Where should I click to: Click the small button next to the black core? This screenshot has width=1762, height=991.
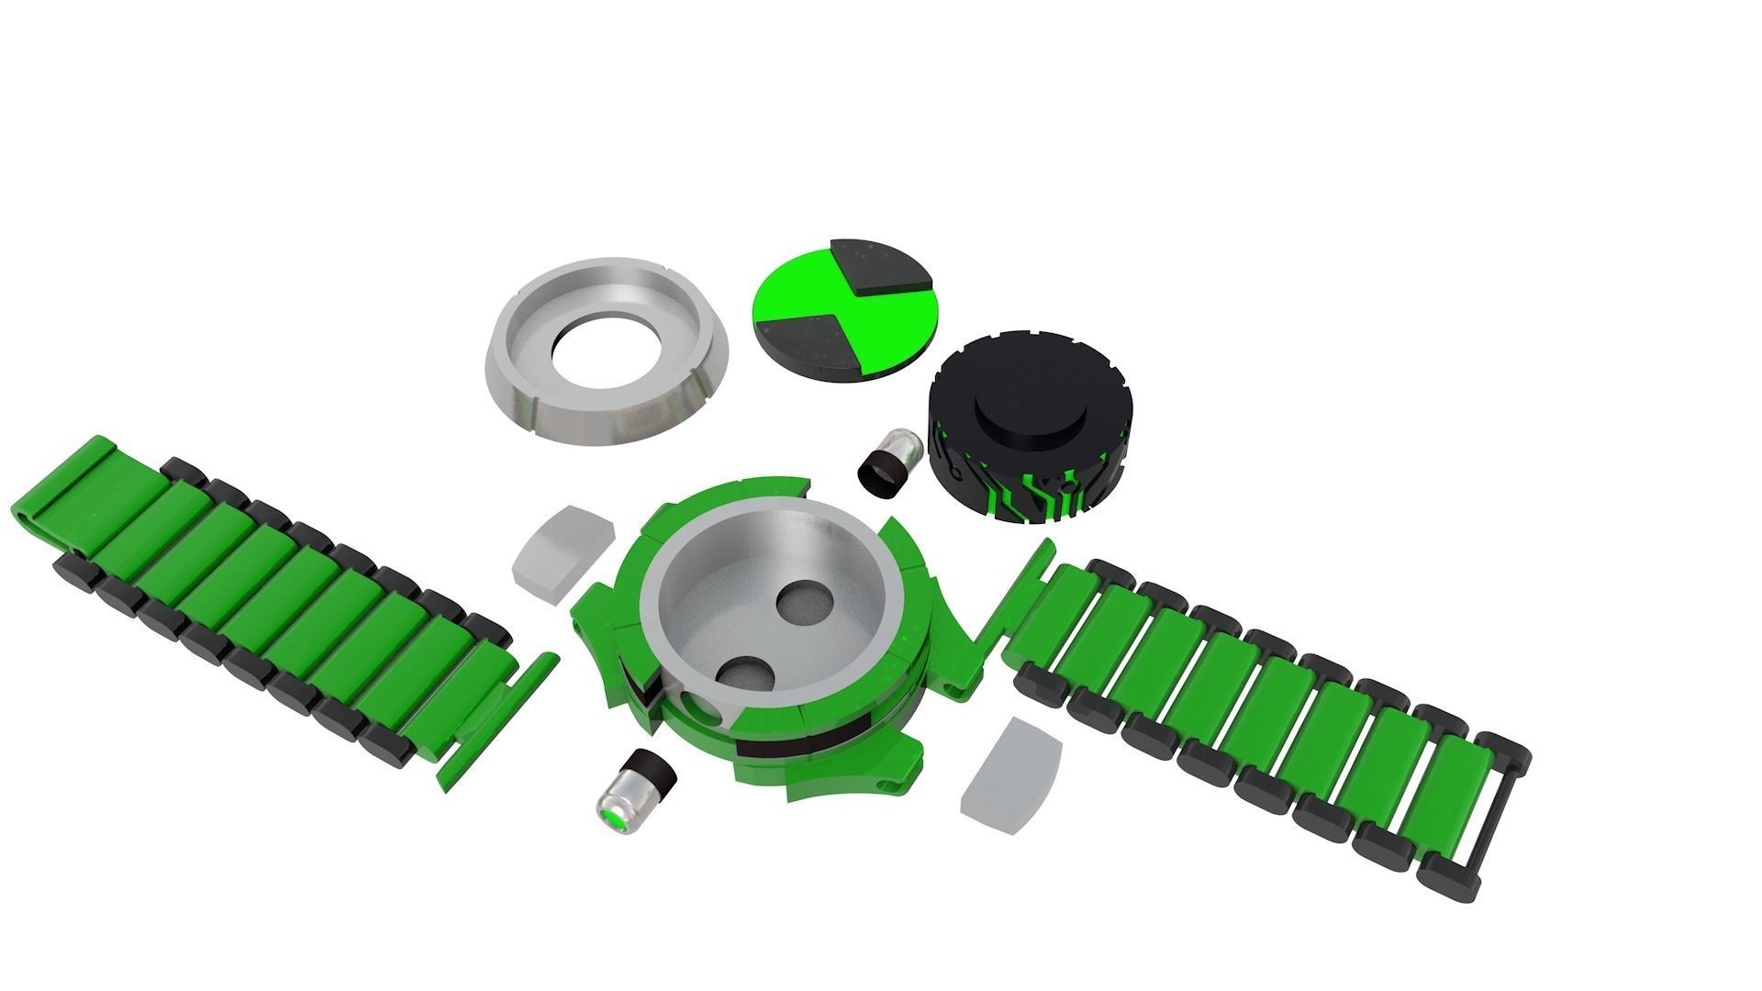tap(886, 465)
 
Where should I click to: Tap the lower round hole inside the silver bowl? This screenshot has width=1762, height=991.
tap(744, 675)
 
